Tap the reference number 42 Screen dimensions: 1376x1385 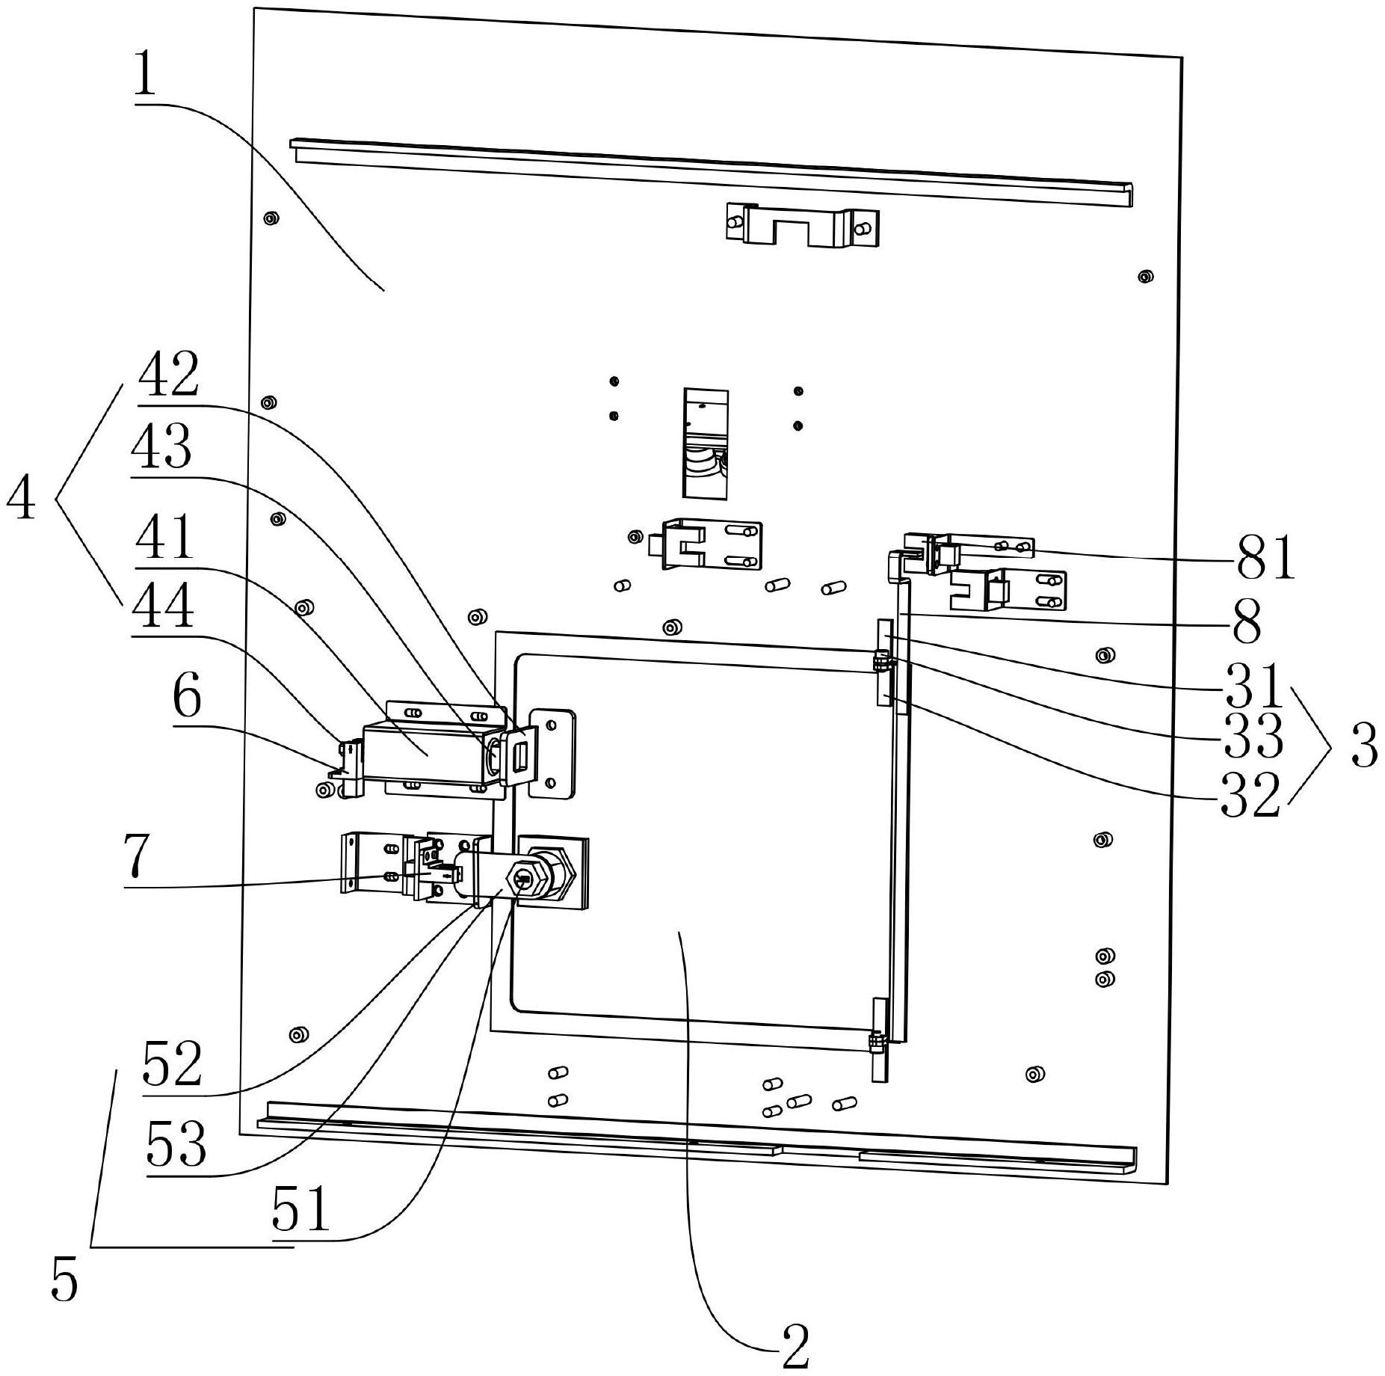[168, 374]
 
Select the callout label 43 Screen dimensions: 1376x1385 [161, 446]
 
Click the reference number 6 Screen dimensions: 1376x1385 [187, 698]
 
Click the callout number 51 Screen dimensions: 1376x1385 [300, 1210]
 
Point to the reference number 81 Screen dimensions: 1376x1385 [1265, 559]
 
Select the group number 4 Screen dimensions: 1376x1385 [21, 499]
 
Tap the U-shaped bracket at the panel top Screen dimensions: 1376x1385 [802, 225]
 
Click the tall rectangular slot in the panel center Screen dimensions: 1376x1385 [706, 443]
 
